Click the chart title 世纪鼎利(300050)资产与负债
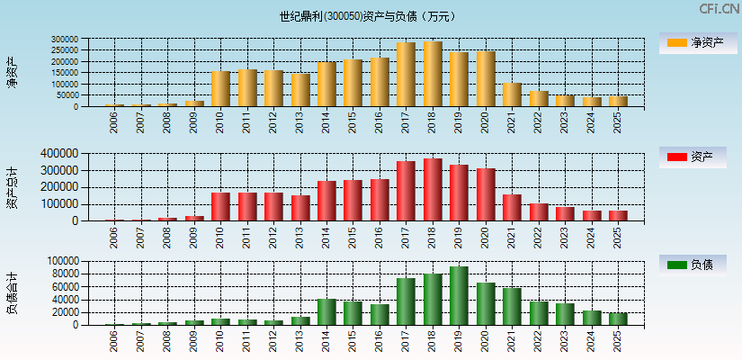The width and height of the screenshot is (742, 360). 366,15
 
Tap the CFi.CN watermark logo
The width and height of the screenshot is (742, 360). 719,9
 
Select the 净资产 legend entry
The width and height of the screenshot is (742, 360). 697,43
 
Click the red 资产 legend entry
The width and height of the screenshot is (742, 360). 697,157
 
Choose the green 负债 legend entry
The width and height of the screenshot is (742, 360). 697,265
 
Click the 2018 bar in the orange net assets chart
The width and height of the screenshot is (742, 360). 433,74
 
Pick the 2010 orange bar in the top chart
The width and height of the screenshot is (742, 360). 220,89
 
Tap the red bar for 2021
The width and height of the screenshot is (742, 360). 512,207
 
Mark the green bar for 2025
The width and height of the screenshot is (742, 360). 618,319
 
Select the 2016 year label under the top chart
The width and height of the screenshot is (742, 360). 380,121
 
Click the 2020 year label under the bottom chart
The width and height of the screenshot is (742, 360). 486,340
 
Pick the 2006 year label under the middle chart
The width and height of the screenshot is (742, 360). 114,236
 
